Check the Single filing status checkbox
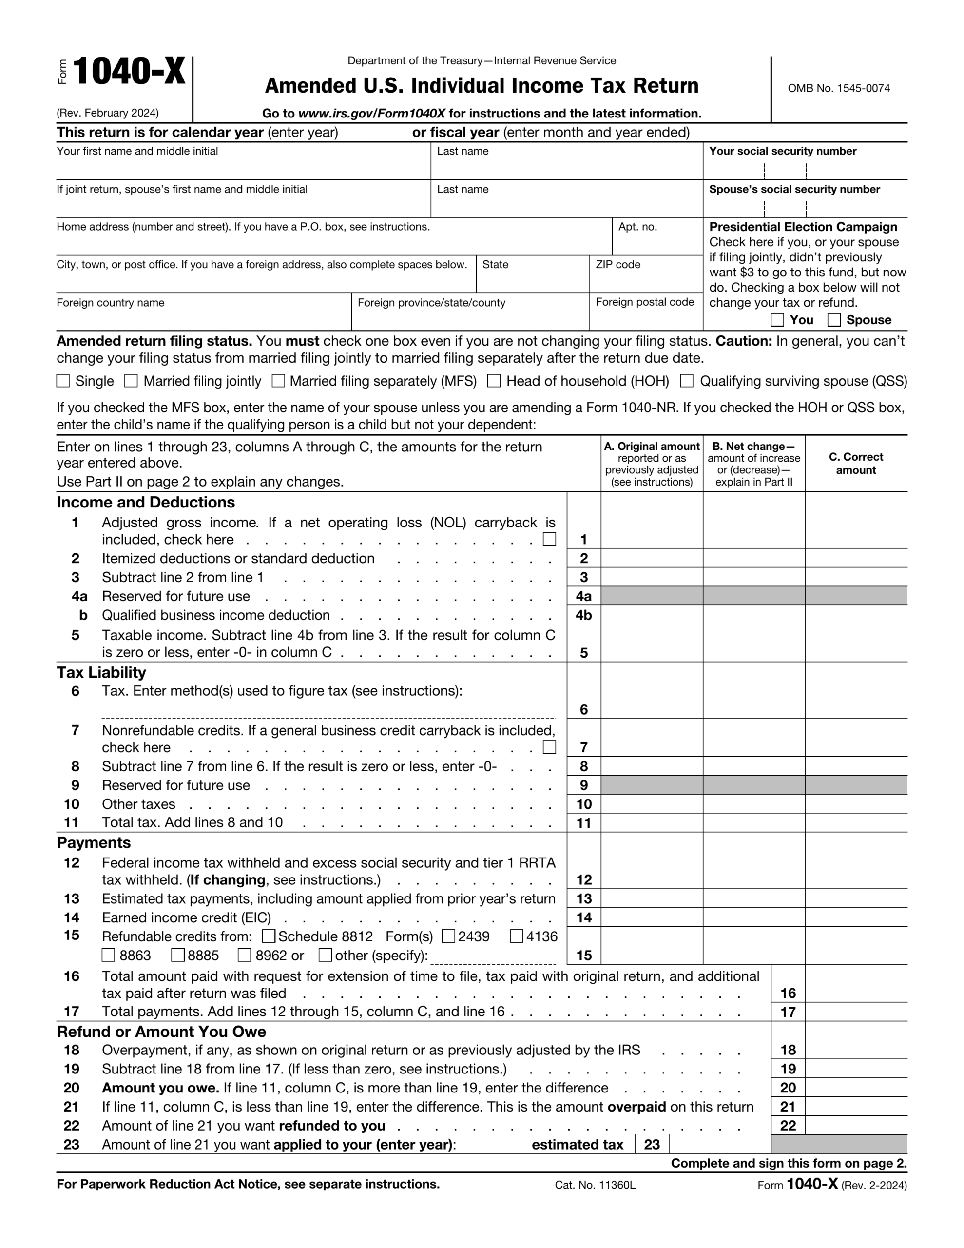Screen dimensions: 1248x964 [x=63, y=381]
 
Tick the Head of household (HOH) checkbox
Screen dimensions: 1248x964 [x=494, y=381]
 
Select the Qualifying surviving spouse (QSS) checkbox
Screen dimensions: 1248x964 [x=687, y=381]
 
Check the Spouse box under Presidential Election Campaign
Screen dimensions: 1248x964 [x=834, y=320]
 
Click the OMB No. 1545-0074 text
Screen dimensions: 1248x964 [x=838, y=88]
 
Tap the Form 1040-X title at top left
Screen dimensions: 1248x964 [x=129, y=72]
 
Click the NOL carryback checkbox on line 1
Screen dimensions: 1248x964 [x=549, y=539]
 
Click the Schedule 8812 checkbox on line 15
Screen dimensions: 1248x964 [x=269, y=936]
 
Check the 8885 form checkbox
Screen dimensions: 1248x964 [x=178, y=955]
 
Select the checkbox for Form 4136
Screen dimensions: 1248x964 [x=517, y=936]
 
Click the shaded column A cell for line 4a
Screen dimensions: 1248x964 [x=652, y=596]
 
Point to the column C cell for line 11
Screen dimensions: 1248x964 [x=855, y=823]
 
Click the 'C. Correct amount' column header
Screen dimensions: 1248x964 [x=855, y=464]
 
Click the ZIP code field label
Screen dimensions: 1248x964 [x=617, y=265]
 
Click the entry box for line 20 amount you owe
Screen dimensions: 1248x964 [x=855, y=1088]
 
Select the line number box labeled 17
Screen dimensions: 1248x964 [x=788, y=1012]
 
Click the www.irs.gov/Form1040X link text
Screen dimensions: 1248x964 [x=371, y=113]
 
